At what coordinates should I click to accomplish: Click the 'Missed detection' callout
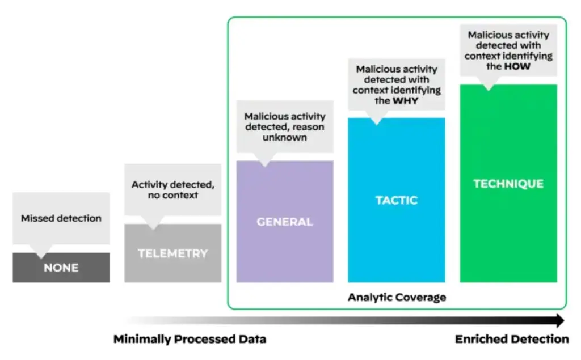tap(61, 218)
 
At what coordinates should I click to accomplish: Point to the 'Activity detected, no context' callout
tap(172, 190)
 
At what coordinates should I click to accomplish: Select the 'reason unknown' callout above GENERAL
tap(284, 126)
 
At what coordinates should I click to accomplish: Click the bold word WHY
tap(406, 101)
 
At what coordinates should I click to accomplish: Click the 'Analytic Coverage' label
tap(397, 297)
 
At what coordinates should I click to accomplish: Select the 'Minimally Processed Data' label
tap(190, 340)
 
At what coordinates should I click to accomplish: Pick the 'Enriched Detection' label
tap(512, 340)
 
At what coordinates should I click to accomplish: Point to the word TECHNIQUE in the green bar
tap(508, 184)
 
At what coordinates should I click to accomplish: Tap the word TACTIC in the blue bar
tap(396, 200)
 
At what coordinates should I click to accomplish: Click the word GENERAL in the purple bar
tap(284, 222)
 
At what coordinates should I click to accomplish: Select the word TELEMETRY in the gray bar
tap(172, 253)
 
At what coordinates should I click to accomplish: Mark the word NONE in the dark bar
tap(61, 268)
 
